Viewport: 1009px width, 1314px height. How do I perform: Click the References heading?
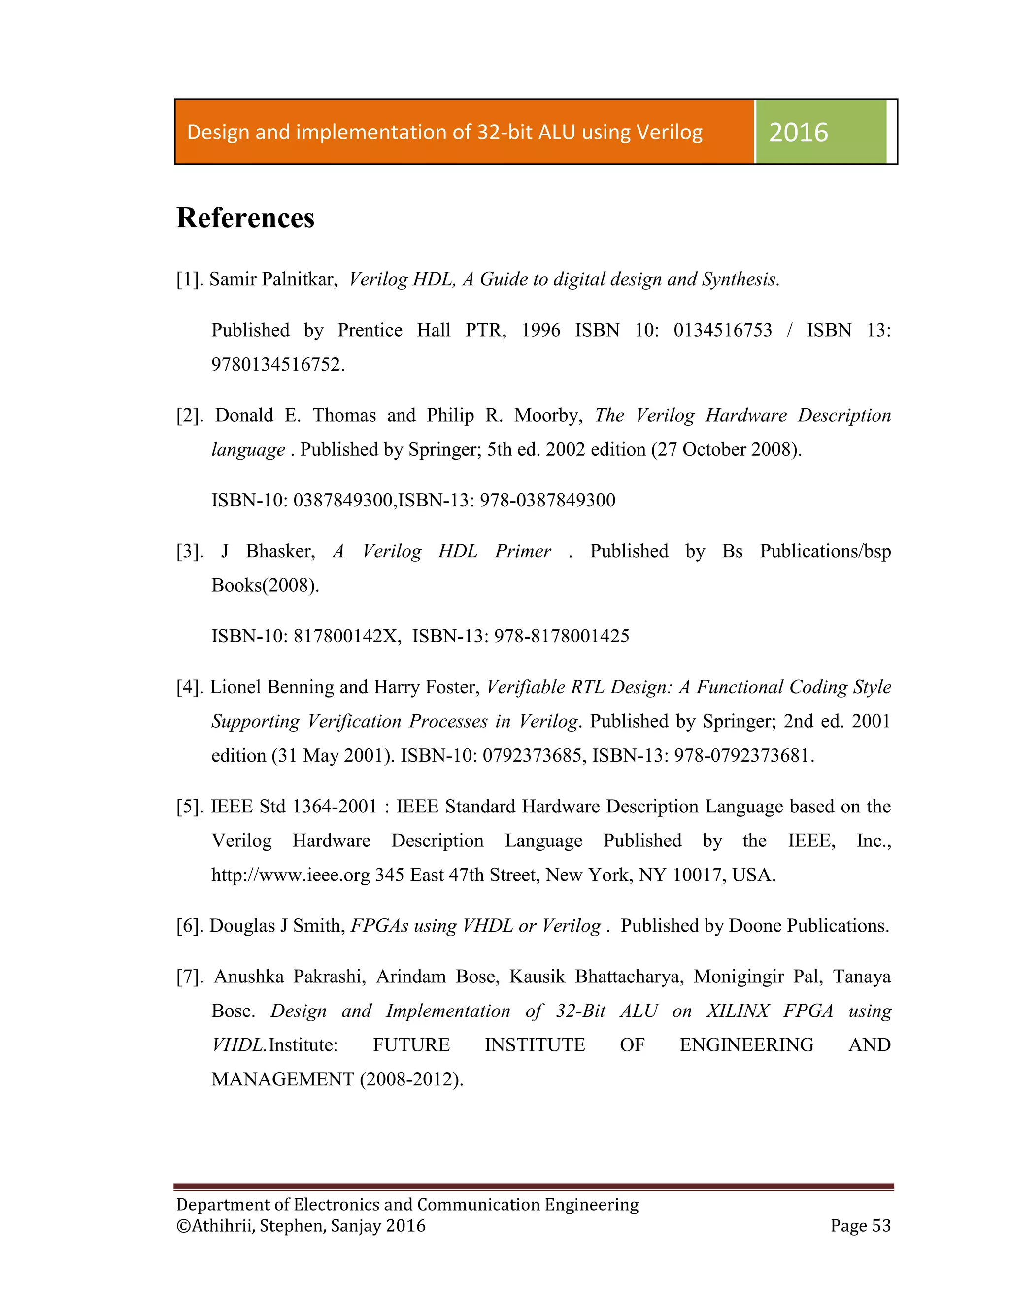click(245, 217)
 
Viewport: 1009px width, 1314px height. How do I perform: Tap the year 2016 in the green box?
click(798, 132)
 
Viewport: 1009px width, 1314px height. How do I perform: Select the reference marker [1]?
click(190, 279)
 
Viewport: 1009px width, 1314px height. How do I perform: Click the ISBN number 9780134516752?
click(277, 365)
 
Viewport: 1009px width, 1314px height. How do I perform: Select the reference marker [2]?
click(190, 415)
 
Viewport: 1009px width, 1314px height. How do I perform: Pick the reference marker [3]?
click(190, 551)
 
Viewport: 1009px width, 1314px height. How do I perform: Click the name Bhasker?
click(280, 551)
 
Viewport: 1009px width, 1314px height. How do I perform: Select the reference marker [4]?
click(190, 687)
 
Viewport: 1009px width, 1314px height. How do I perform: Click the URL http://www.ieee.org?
click(291, 875)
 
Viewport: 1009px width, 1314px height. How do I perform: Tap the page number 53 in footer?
click(881, 1226)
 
